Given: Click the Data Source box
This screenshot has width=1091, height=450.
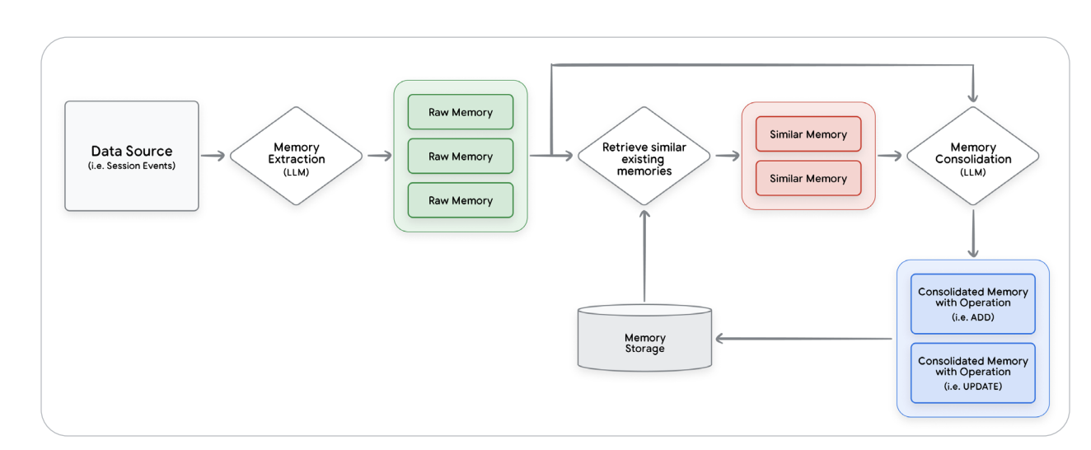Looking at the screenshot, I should [x=132, y=156].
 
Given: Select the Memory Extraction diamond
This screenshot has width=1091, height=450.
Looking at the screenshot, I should [x=296, y=156].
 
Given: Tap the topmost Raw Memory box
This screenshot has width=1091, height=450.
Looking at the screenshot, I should [x=460, y=112].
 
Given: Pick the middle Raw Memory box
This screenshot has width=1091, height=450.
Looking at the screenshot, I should [x=460, y=156].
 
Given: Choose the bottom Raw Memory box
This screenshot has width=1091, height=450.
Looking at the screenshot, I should [x=460, y=200].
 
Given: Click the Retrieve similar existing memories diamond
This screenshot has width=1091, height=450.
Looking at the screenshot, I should [x=644, y=156].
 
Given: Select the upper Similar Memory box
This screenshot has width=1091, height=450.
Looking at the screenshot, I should [x=808, y=134].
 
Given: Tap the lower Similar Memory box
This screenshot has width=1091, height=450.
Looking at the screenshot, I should [x=808, y=178].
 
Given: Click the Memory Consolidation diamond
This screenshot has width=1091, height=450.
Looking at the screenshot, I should [x=972, y=156].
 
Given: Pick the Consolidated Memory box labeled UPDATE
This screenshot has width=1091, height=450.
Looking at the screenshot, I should [x=972, y=373].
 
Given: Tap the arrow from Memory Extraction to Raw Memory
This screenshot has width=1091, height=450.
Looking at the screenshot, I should [x=378, y=156].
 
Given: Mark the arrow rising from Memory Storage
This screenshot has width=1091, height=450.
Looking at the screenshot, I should [x=644, y=255].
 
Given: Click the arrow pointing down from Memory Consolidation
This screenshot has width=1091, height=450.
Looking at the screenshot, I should [x=972, y=232].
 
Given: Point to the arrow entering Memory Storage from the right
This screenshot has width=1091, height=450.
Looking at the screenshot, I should [x=803, y=339].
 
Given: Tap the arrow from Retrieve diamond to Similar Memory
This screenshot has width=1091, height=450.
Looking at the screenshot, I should [x=726, y=156].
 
